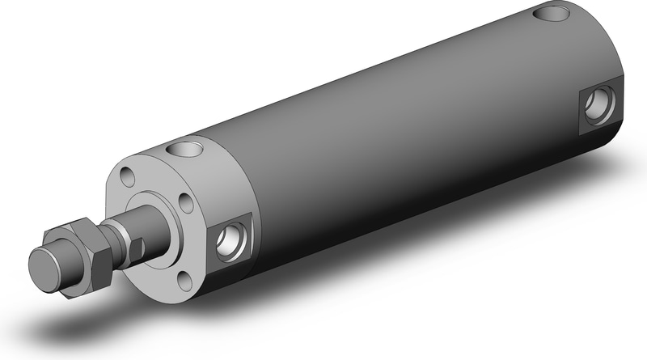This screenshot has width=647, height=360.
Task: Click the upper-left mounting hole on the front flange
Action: [x=125, y=175]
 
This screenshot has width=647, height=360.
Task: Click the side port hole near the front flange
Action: [x=230, y=239]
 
